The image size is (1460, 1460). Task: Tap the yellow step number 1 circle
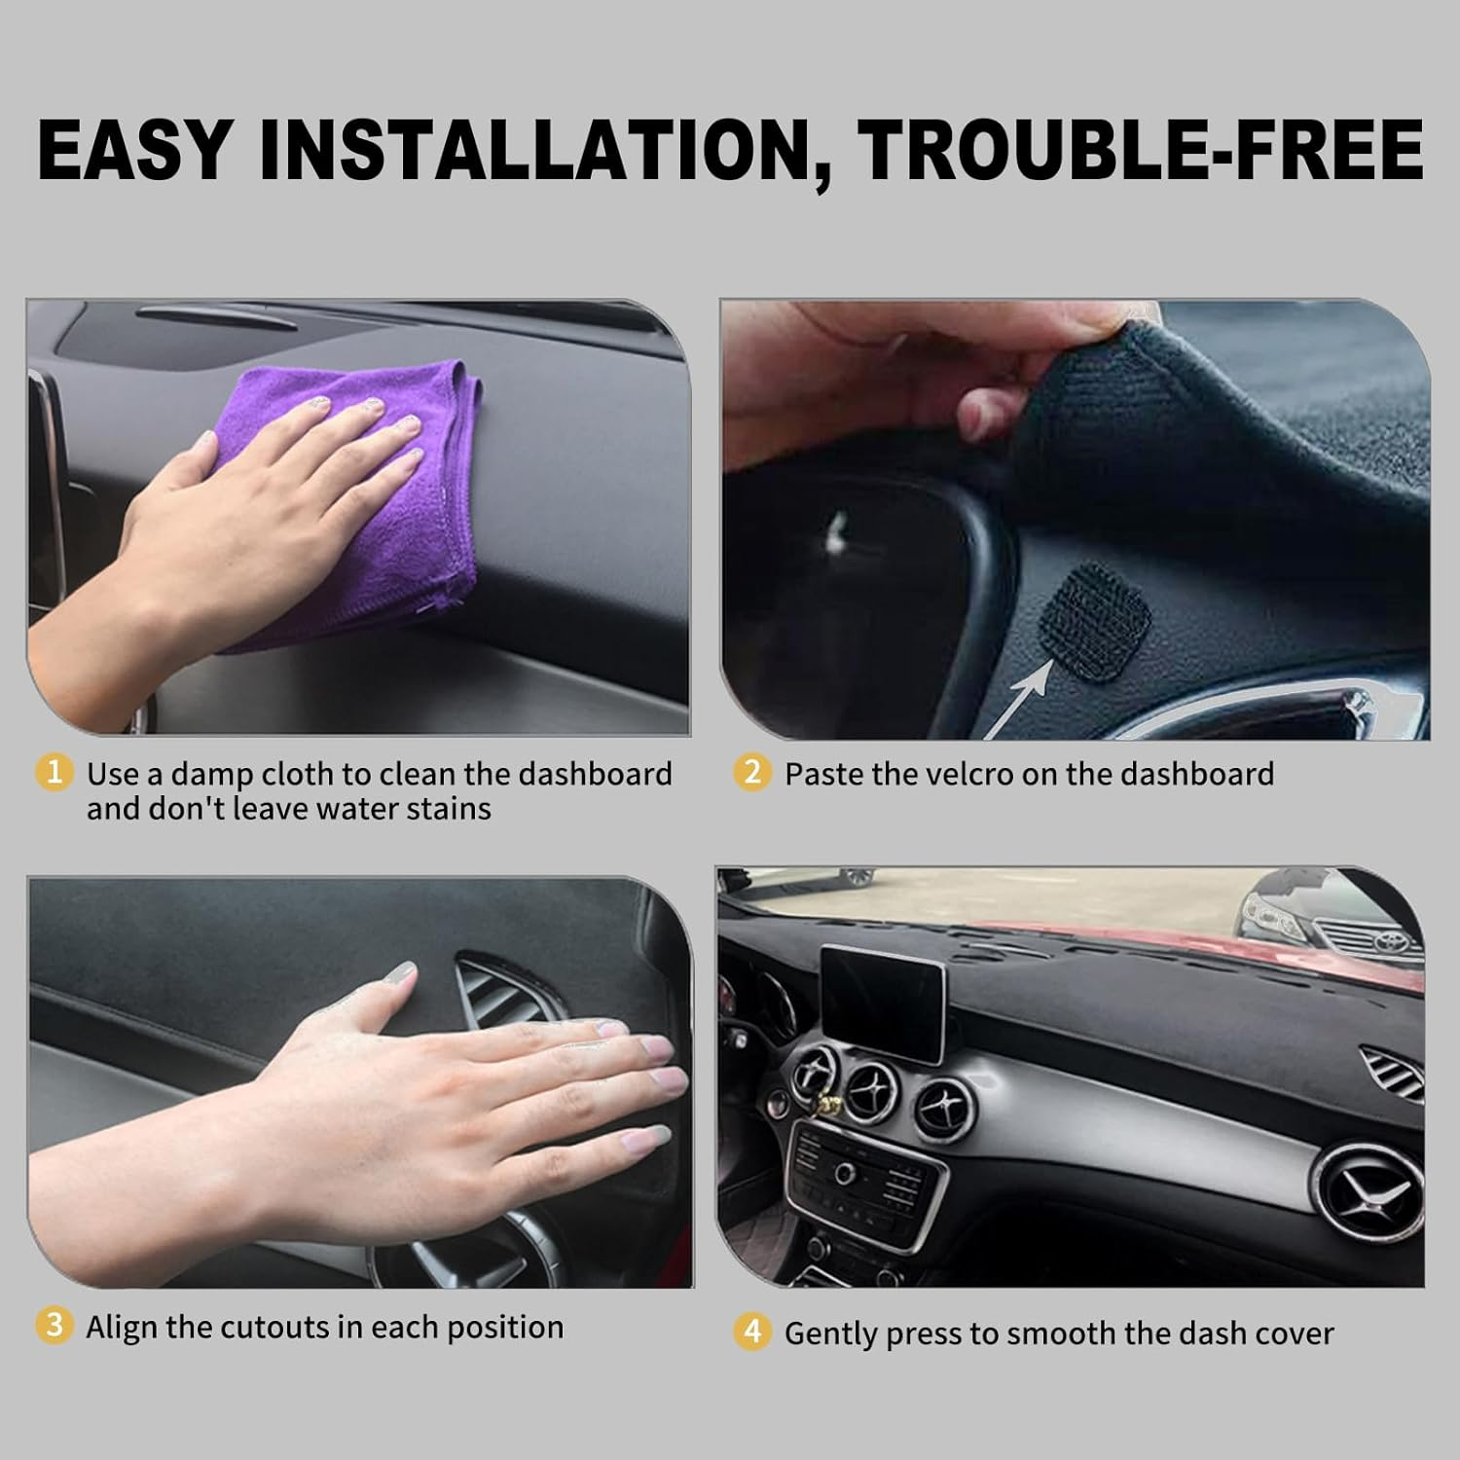(x=55, y=773)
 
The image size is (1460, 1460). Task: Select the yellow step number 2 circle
(x=752, y=773)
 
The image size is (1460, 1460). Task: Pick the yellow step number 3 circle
(x=55, y=1326)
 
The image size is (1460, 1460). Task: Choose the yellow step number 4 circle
(x=752, y=1332)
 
